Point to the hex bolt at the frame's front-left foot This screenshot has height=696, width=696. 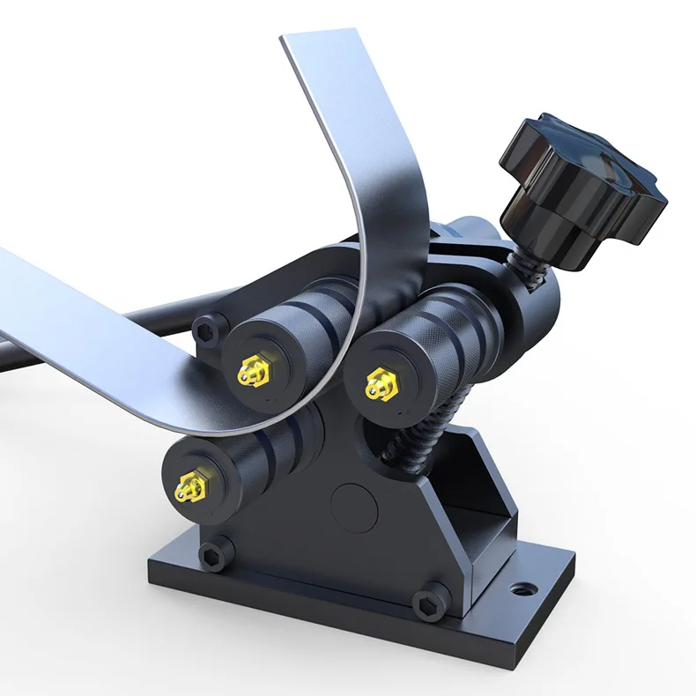click(213, 554)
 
